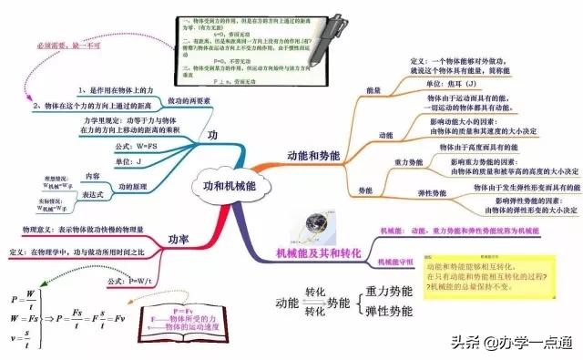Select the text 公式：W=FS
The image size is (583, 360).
137,146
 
